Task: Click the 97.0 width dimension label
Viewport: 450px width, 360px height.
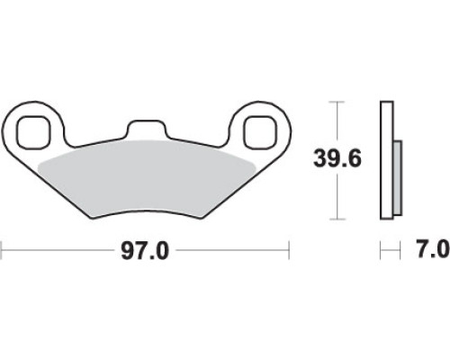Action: [x=145, y=250]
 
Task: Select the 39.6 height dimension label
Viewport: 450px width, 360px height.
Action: [x=337, y=158]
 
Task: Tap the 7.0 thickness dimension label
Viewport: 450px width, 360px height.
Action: [x=433, y=248]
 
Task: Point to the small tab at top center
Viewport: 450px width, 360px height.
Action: [x=146, y=129]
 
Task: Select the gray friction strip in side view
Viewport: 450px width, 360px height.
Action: [x=397, y=178]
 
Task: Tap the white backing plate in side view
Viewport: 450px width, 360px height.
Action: [x=387, y=161]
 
